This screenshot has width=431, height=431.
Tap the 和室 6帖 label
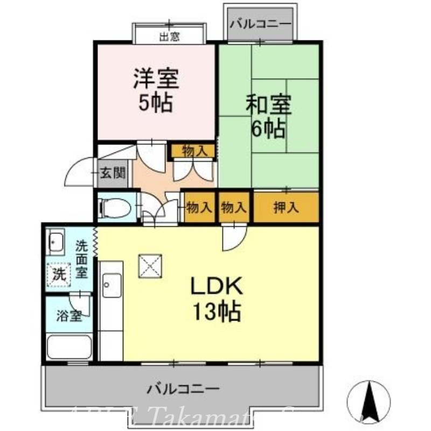268,116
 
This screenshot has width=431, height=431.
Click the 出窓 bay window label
169,37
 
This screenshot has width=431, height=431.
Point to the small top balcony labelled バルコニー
260,24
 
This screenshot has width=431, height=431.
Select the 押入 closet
286,207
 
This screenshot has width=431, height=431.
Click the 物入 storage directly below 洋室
194,151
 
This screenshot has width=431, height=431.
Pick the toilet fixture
114,207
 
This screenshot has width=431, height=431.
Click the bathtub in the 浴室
69,346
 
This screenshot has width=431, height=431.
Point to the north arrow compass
369,402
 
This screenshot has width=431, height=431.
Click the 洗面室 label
81,259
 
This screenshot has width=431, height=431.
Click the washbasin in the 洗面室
55,240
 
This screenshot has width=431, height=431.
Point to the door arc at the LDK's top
234,237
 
